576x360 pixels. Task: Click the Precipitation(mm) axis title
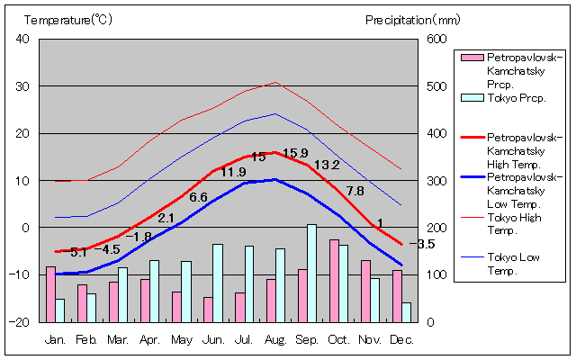pyautogui.click(x=412, y=19)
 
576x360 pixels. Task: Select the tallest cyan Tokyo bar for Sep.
pyautogui.click(x=312, y=273)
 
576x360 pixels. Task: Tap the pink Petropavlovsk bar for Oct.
pyautogui.click(x=334, y=280)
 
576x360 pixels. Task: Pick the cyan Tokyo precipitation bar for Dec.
pyautogui.click(x=407, y=311)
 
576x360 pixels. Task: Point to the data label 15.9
pyautogui.click(x=295, y=153)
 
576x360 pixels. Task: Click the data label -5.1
pyautogui.click(x=77, y=251)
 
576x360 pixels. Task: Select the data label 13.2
pyautogui.click(x=326, y=165)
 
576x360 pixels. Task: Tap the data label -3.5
pyautogui.click(x=422, y=244)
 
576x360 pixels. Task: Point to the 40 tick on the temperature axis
pyautogui.click(x=22, y=39)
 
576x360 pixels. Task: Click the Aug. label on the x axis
pyautogui.click(x=275, y=339)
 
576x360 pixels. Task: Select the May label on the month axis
pyautogui.click(x=181, y=339)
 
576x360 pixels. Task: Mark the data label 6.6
pyautogui.click(x=198, y=197)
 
